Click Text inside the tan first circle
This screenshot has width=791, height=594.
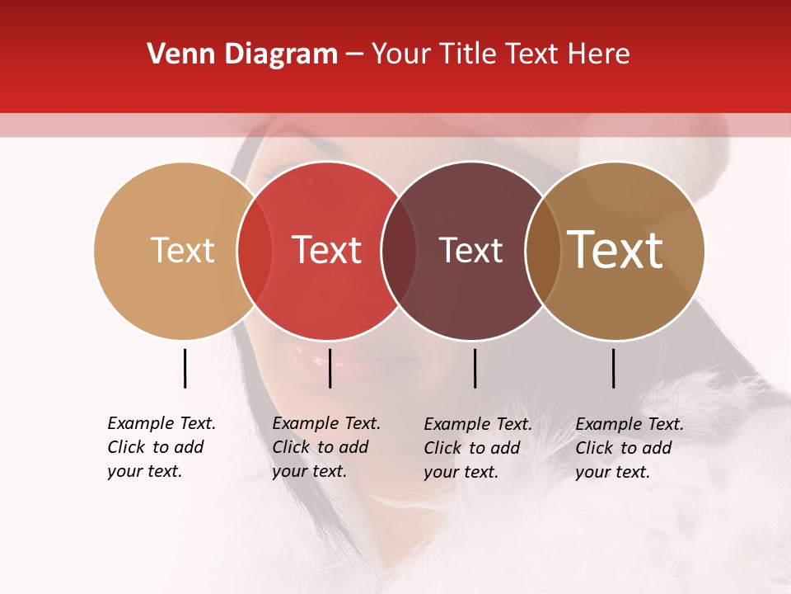(182, 250)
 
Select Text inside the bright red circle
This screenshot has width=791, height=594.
(326, 250)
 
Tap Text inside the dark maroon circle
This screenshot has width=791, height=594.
(470, 250)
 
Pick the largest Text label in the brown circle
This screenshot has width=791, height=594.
(615, 250)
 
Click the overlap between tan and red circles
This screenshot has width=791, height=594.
(255, 250)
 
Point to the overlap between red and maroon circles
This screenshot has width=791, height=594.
(399, 250)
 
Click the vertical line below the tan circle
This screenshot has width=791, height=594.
(185, 368)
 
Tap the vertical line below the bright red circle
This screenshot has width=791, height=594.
(330, 368)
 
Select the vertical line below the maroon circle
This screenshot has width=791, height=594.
(475, 368)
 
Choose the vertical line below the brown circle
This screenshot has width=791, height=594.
(613, 368)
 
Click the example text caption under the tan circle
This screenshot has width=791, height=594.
(161, 447)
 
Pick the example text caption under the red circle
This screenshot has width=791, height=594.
(325, 447)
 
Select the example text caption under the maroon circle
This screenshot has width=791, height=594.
(477, 448)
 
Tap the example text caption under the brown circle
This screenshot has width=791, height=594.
(629, 448)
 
